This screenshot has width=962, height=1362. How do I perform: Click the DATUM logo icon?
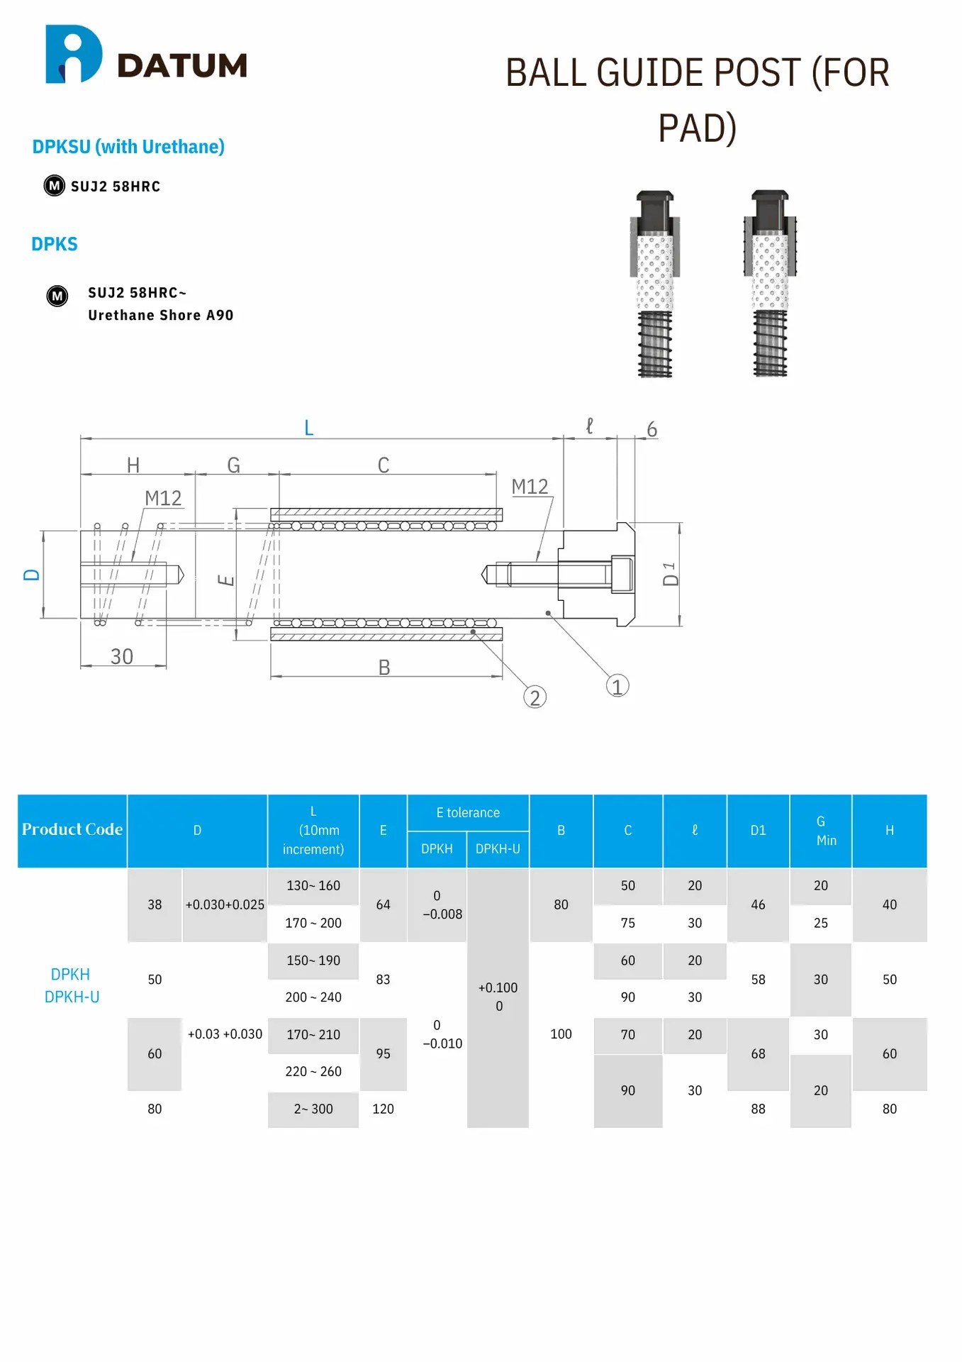coord(73,55)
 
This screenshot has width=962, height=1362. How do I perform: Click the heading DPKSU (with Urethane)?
coord(128,147)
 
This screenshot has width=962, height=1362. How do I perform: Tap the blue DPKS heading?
coord(55,244)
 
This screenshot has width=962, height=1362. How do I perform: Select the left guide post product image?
coord(654,284)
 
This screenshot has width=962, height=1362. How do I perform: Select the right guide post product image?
coord(770,284)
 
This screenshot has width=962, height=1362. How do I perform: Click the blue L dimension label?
coord(308,428)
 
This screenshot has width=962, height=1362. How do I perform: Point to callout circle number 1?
coord(617,686)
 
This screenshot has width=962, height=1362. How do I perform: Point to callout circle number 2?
coord(535,697)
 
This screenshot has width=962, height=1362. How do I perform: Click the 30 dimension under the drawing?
coord(122,656)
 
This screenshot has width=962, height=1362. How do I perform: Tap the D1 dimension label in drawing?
coord(670,575)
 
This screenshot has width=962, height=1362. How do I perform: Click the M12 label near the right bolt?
coord(530,487)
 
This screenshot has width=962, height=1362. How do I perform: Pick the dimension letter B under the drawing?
coord(384,668)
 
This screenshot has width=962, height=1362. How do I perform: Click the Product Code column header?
coord(72,830)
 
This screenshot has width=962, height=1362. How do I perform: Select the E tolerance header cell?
coord(468,813)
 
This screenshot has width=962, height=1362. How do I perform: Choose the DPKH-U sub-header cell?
coord(498,849)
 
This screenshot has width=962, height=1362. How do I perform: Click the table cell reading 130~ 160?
coord(313,886)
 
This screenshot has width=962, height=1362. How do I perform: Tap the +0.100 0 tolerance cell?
coord(498,997)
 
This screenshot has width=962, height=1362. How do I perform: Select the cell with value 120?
coord(383,1109)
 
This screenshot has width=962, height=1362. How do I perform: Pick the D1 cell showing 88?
coord(758,1109)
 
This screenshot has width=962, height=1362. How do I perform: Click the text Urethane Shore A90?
coord(161,315)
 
